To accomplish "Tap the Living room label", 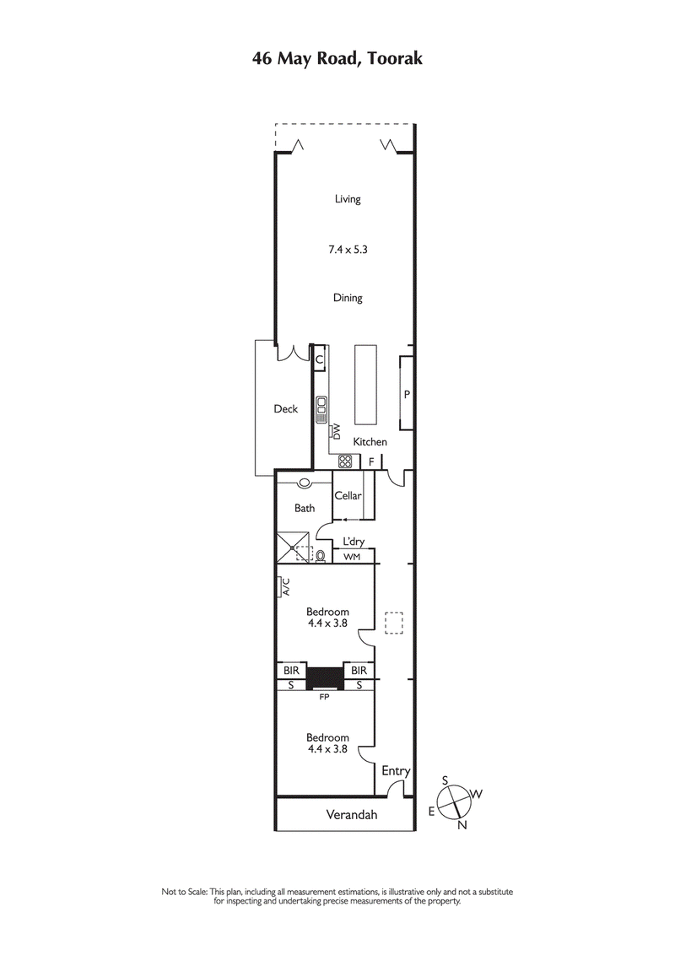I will (348, 199).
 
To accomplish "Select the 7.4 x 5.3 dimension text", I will (348, 249).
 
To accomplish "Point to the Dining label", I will (348, 298).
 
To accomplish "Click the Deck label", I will (286, 409).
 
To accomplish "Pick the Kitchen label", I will (370, 442).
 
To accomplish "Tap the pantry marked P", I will (406, 394).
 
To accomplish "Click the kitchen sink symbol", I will (321, 409).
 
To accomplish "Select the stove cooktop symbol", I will (344, 461).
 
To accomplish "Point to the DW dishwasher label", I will (336, 433).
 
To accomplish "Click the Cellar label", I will (348, 495).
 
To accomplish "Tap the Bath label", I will (305, 508).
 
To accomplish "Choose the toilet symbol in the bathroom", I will (321, 555).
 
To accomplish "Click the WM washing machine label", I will (351, 558).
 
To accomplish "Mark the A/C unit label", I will (285, 586).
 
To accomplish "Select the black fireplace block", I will (325, 677).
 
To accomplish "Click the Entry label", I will (396, 771).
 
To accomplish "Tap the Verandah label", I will (352, 815).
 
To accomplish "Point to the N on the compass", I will (462, 825).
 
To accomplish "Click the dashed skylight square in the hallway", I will (394, 623).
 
